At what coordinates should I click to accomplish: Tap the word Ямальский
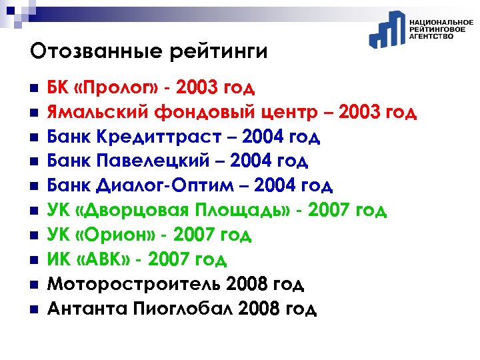click(95, 113)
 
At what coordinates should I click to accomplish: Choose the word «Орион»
click(109, 235)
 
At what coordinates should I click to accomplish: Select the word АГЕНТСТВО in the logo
click(431, 37)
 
